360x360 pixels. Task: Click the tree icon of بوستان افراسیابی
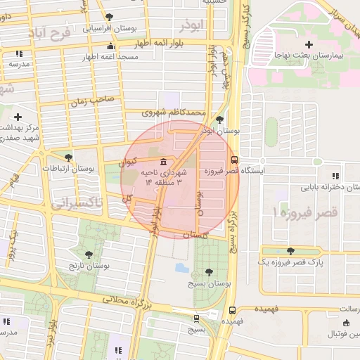(x=108, y=17)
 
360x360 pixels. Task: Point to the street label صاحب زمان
(x=91, y=101)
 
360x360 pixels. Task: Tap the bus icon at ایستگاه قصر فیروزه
(x=234, y=159)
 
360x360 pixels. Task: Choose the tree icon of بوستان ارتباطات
(x=68, y=157)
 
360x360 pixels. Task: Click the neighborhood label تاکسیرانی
(x=76, y=202)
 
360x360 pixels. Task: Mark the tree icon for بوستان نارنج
(x=88, y=255)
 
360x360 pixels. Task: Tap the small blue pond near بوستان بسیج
(x=180, y=268)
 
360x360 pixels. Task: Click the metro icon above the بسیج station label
(x=196, y=318)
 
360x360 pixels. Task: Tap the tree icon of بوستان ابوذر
(x=221, y=120)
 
